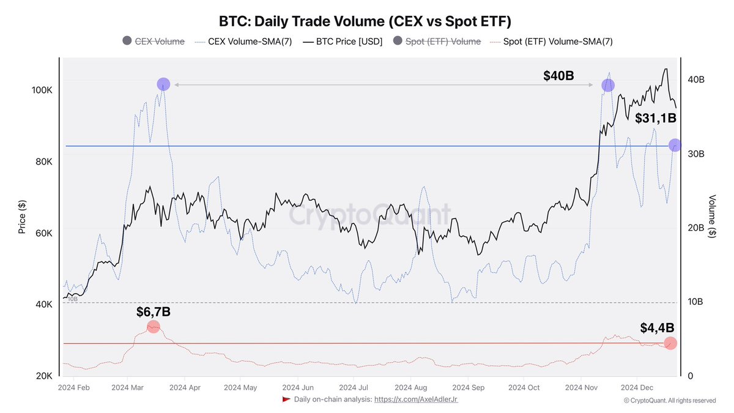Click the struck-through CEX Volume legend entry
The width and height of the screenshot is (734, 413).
pos(154,42)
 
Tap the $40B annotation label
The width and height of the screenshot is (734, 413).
pos(558,76)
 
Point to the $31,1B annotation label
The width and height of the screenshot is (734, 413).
pos(654,118)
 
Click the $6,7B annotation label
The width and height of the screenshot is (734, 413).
pos(153,312)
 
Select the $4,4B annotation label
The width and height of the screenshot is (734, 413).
pos(658,327)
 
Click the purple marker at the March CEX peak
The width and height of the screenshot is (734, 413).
pos(163,84)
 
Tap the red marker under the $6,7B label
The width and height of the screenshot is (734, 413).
pos(154,327)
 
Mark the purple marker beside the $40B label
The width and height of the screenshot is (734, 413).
pos(607,86)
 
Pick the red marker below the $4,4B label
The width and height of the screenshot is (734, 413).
pos(670,343)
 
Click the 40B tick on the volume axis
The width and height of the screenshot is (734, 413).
pos(697,80)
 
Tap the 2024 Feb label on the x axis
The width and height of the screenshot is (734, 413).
pos(74,387)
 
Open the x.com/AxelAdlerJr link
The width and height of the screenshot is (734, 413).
pos(416,400)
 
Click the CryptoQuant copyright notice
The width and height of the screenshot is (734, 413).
pos(669,400)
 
